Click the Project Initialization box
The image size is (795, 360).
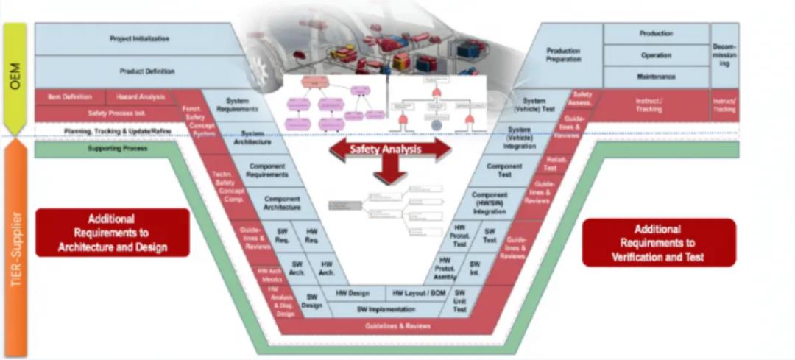139,38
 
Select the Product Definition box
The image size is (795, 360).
147,71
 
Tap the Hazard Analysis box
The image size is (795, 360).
141,96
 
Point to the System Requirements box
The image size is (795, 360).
237,105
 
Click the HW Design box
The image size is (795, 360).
351,292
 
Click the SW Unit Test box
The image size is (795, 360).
460,301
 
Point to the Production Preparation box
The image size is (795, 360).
563,55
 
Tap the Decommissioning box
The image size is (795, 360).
724,55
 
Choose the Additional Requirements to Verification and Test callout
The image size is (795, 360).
658,242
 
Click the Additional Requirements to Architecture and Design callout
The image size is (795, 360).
112,233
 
